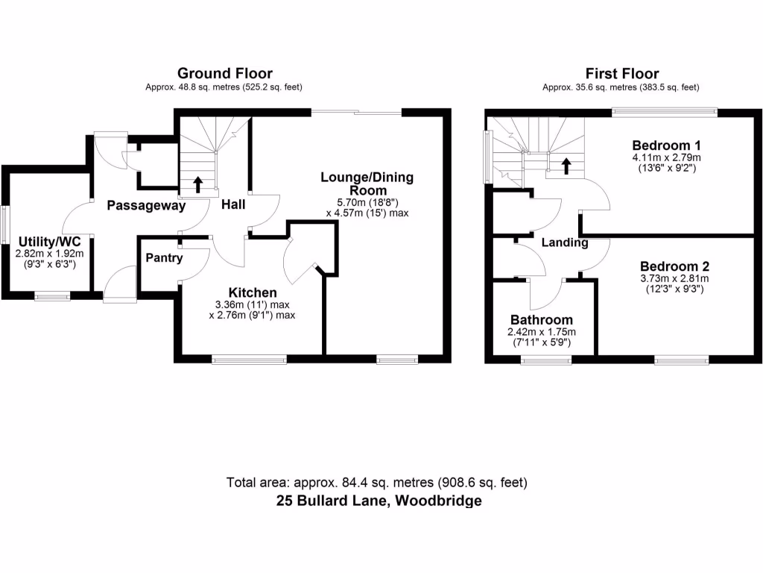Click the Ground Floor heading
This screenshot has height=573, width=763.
coord(224,73)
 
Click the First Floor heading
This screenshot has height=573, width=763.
coord(621,73)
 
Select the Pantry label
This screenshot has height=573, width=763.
coord(164,258)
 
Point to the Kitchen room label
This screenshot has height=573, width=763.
coord(253,292)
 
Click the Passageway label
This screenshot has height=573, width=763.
coord(145,206)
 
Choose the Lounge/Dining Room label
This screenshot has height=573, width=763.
coord(367,184)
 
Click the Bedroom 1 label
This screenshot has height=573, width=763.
coord(666,145)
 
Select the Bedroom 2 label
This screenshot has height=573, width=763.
coord(674,266)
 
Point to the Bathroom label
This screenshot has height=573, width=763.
coord(542,320)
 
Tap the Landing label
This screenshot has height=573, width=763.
coord(564,242)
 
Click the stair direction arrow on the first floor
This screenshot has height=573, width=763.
coord(566,165)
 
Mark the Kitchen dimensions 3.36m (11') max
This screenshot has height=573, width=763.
coord(253,304)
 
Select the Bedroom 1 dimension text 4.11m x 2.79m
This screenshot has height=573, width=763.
coord(666,157)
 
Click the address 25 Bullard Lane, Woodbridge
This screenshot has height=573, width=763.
coord(379,501)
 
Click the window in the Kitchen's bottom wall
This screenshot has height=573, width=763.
coord(249,360)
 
